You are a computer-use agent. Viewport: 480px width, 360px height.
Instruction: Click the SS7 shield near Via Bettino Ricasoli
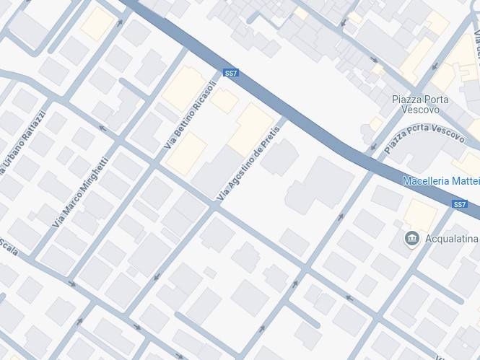[x=231, y=73]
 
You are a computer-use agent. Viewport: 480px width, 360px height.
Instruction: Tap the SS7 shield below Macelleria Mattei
[x=460, y=204]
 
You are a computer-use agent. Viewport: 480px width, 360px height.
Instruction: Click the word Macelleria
[x=427, y=181]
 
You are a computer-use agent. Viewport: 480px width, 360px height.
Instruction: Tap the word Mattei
[x=467, y=181]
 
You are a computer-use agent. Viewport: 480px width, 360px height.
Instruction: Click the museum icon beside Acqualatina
[x=412, y=238]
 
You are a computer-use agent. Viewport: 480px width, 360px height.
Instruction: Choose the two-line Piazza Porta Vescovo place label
[x=420, y=105]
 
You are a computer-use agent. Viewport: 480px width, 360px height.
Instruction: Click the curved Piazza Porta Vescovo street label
[x=424, y=135]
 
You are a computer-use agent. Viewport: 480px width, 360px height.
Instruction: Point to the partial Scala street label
[x=8, y=247]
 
